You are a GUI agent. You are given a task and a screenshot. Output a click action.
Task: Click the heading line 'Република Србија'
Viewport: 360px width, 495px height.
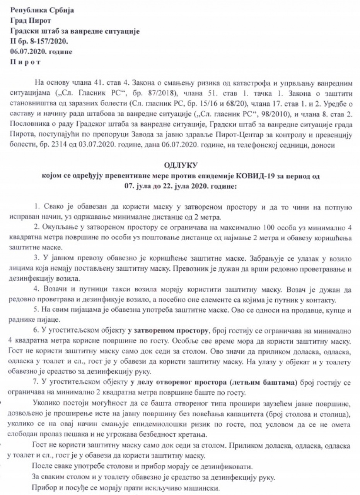42,10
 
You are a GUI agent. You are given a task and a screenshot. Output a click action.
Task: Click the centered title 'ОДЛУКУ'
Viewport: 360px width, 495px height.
181,166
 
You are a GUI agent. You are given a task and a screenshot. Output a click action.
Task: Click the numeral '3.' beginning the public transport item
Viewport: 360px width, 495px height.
38,257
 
